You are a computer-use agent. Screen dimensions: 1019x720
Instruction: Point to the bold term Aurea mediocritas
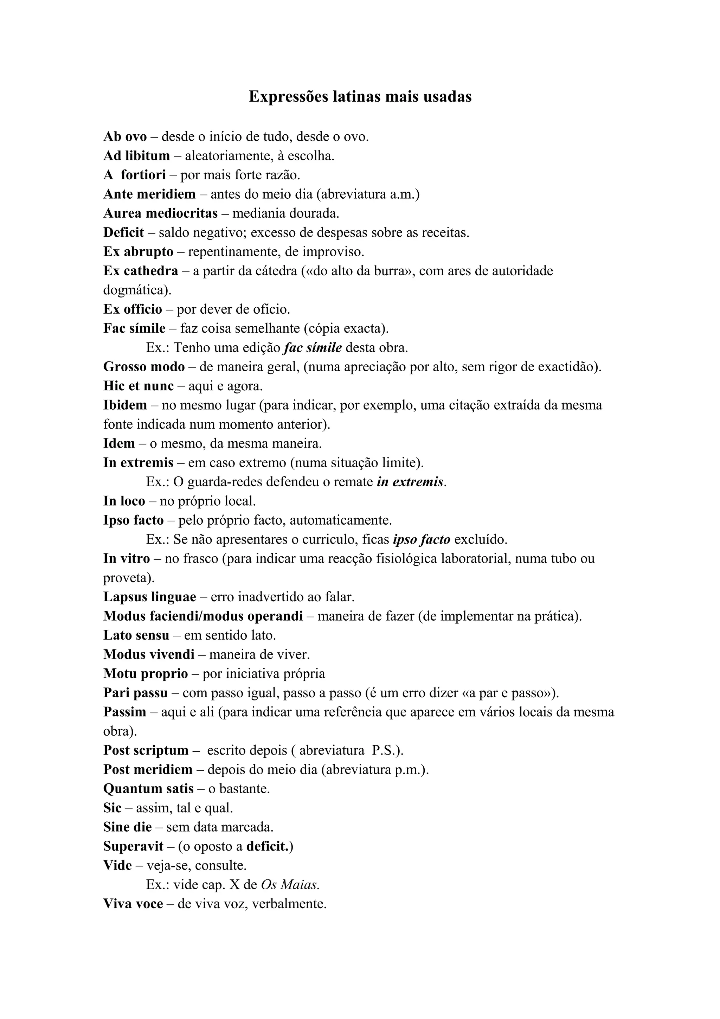(161, 213)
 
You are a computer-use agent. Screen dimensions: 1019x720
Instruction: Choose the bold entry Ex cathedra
(141, 271)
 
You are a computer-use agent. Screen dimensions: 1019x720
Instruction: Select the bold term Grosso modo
(144, 367)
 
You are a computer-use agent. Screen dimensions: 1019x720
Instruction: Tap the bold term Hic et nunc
(139, 386)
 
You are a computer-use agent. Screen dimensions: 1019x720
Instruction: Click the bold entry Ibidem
(125, 405)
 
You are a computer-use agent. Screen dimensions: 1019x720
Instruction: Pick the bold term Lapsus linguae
(149, 597)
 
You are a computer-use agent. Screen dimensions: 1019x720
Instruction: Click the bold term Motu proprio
(146, 674)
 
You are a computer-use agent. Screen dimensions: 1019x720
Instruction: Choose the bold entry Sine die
(127, 827)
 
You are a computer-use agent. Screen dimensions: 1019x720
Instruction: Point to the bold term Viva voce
(133, 904)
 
